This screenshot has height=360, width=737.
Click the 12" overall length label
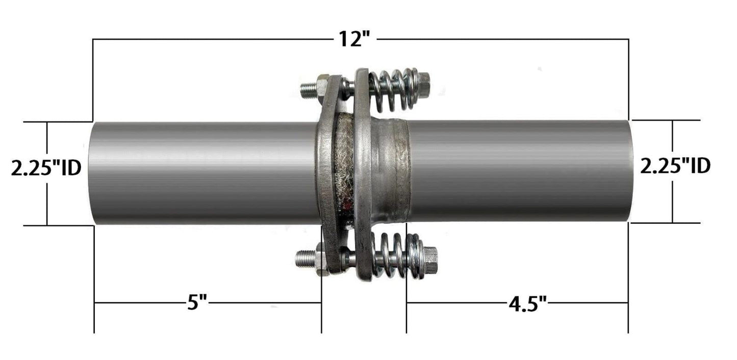click(x=355, y=39)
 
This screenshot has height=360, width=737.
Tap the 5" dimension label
click(x=196, y=303)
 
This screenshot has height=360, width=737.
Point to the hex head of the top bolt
click(x=423, y=80)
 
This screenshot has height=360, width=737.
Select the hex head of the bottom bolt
click(x=430, y=255)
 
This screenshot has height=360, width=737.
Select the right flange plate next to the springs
click(x=362, y=173)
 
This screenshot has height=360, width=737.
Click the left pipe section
click(x=204, y=173)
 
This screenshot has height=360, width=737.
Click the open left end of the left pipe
click(x=92, y=173)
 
